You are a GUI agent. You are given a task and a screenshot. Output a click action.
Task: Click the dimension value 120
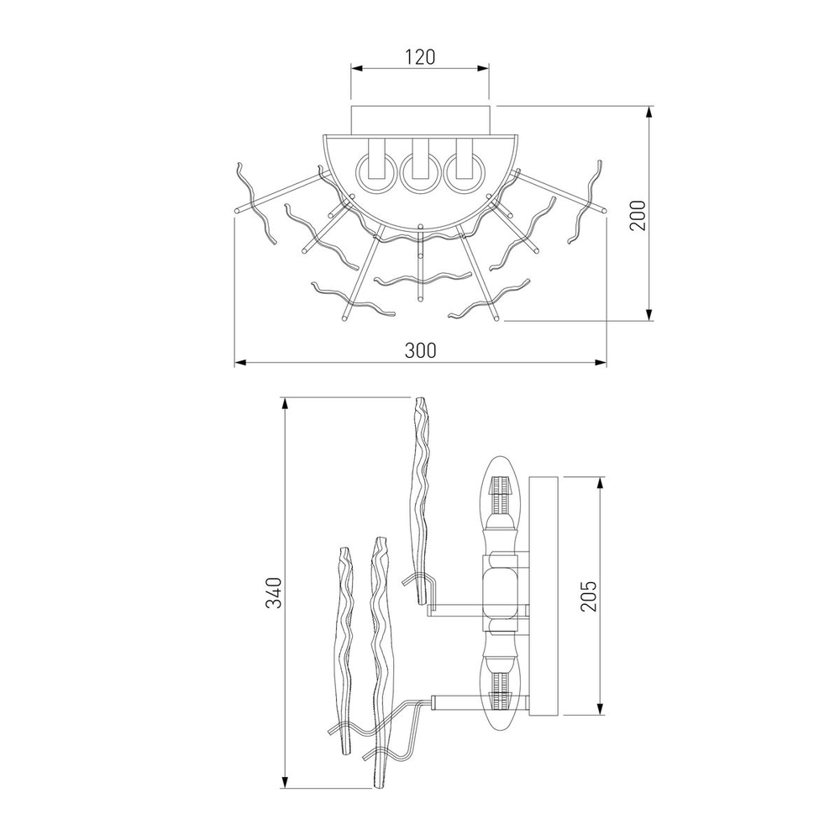419,57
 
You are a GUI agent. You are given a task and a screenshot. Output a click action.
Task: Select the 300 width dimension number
419,350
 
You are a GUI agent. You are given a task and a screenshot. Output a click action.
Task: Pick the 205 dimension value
587,596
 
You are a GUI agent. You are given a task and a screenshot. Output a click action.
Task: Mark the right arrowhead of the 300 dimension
601,363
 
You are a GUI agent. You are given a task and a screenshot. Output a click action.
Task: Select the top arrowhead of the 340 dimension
286,403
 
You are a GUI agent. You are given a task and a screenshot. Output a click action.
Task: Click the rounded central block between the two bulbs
501,592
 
